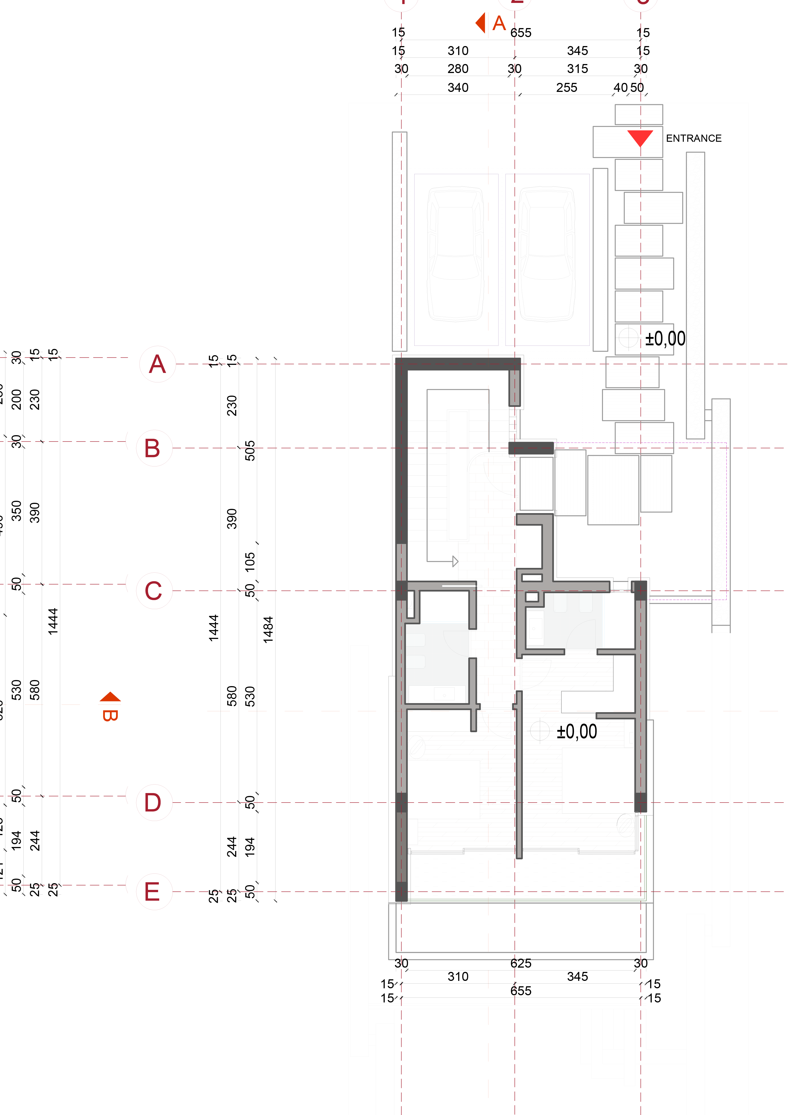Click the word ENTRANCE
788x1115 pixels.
tap(693, 138)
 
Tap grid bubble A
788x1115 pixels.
tap(157, 364)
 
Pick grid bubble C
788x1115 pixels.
tap(154, 590)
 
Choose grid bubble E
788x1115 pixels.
tap(154, 892)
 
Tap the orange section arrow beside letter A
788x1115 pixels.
tap(481, 23)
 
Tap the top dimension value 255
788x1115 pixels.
tap(567, 88)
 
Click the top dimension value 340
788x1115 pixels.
tap(458, 88)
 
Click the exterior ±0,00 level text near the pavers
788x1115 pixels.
tap(665, 339)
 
